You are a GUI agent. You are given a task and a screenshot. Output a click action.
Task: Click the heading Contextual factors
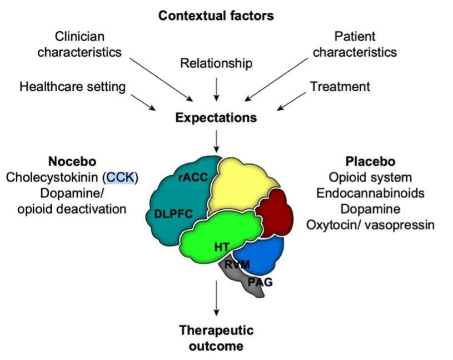click(x=216, y=15)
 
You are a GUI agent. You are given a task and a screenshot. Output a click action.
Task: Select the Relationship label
click(x=216, y=63)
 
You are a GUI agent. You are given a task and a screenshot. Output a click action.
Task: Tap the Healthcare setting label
click(x=72, y=87)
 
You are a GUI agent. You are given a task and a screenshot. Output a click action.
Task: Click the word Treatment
click(x=340, y=87)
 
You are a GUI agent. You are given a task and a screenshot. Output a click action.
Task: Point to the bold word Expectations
click(x=216, y=118)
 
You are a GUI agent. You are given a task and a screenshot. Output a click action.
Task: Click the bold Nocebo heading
click(x=72, y=161)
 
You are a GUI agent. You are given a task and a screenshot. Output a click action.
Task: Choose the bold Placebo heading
click(x=370, y=161)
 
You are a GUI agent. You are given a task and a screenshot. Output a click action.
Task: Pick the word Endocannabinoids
click(x=370, y=193)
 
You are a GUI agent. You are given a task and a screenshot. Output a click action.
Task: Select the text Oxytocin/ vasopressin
click(x=370, y=225)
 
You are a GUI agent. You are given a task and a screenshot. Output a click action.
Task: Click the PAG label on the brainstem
click(x=260, y=283)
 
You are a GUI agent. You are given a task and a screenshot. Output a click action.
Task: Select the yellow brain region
click(x=239, y=184)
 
